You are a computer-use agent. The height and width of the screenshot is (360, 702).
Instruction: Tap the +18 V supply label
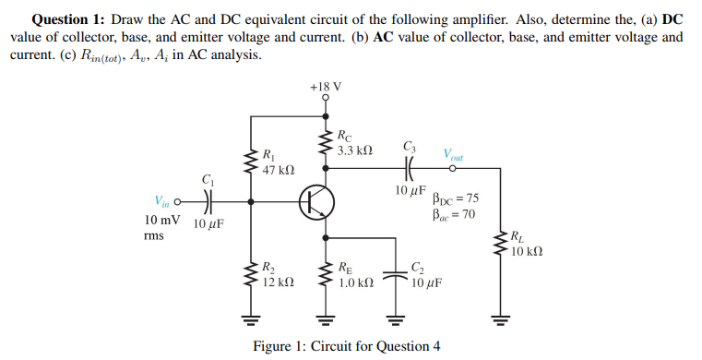[x=326, y=87]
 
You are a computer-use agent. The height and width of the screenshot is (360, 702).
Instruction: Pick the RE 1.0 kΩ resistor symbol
[x=326, y=275]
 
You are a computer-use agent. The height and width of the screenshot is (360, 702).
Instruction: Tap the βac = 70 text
[x=454, y=214]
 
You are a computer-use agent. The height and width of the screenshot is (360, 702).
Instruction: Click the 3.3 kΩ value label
[x=355, y=150]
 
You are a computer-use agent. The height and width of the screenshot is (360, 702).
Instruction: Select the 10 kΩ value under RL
[x=527, y=252]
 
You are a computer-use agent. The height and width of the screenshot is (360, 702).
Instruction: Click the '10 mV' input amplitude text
[x=163, y=222]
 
